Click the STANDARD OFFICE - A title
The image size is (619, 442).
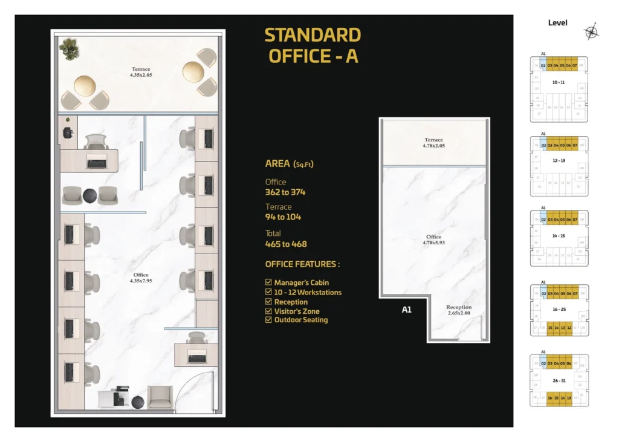[313, 45]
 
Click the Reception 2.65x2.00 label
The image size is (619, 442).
[459, 310]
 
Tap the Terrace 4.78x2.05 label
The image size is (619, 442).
[433, 143]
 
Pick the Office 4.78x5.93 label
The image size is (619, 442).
[433, 239]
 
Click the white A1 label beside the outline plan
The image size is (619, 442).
[407, 310]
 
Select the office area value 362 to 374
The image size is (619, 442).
[285, 192]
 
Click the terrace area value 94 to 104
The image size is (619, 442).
[283, 217]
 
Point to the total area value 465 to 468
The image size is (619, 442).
[286, 244]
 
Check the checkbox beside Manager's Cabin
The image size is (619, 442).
[268, 282]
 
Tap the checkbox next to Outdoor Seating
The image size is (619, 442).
[268, 320]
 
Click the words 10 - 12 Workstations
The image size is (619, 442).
[308, 292]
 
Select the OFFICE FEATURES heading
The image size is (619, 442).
[302, 264]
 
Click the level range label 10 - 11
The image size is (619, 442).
[558, 82]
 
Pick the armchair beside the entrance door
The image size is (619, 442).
[160, 397]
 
